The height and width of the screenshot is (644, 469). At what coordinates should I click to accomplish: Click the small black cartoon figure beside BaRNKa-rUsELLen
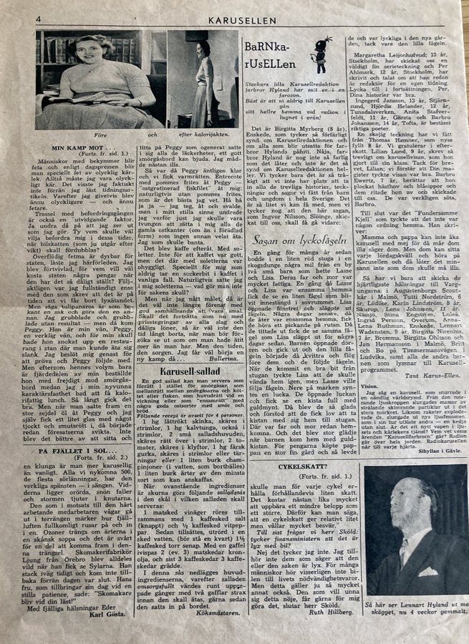coord(322,54)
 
